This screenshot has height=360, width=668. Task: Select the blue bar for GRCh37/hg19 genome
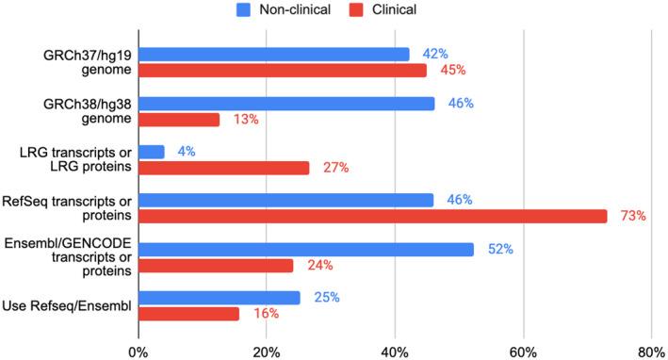(274, 54)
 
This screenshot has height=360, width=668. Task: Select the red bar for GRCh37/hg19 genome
(283, 70)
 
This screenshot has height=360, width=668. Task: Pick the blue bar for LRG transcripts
(152, 152)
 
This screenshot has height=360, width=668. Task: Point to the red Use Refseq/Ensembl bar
(189, 313)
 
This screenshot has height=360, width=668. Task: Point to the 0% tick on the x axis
(138, 351)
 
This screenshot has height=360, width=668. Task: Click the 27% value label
(333, 168)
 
